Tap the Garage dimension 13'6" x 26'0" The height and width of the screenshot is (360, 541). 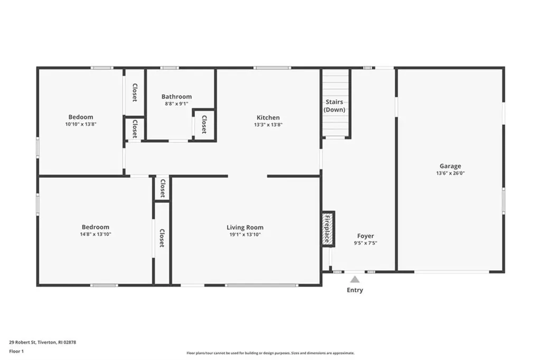(450, 173)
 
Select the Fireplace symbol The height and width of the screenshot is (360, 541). (328, 229)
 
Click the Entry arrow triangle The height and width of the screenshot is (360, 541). (355, 279)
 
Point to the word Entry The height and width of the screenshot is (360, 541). (355, 290)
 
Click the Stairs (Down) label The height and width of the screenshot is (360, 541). (334, 106)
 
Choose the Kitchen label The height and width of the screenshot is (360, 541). (268, 118)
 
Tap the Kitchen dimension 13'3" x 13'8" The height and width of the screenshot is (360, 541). (268, 125)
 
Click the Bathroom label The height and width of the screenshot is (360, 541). (176, 97)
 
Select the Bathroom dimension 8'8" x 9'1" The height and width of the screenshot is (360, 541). (176, 104)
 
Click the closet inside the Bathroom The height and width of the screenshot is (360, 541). (204, 125)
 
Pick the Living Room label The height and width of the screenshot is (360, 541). (245, 228)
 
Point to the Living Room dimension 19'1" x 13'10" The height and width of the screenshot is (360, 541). (245, 235)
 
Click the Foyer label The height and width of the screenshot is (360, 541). (365, 236)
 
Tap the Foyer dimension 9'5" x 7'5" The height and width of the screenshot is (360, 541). (365, 243)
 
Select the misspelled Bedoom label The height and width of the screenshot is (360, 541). (80, 117)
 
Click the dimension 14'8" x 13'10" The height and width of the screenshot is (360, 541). (96, 234)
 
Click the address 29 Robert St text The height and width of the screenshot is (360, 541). (42, 343)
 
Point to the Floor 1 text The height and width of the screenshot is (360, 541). (16, 350)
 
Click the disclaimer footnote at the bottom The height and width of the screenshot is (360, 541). (270, 353)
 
